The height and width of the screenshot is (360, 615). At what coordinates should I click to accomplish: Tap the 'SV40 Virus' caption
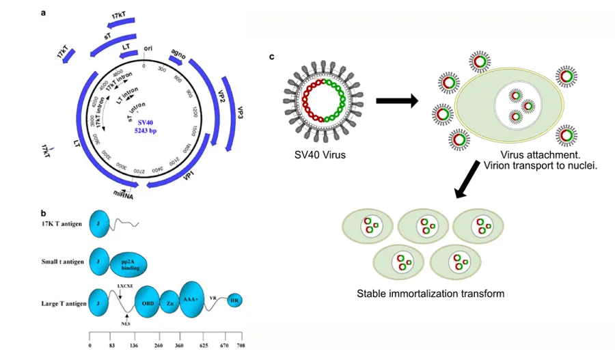click(316, 155)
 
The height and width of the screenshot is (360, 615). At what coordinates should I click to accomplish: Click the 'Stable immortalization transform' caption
click(430, 294)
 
